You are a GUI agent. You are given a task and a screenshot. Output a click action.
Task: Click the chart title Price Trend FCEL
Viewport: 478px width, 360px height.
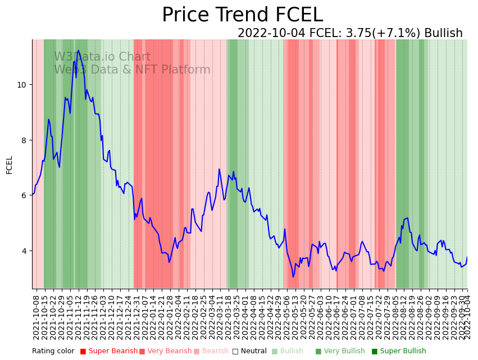click(x=242, y=15)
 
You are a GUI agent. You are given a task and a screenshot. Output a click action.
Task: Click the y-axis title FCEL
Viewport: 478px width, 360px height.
click(x=10, y=165)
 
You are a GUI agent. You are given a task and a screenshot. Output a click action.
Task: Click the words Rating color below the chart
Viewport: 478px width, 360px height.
click(x=53, y=351)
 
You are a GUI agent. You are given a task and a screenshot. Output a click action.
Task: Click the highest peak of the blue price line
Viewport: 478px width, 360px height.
click(x=78, y=51)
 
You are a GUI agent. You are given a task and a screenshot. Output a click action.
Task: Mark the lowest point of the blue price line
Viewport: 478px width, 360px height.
click(x=293, y=276)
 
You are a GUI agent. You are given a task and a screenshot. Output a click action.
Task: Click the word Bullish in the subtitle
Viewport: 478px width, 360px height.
click(x=443, y=33)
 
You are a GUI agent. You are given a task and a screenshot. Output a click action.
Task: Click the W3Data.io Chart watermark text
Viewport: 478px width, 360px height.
click(x=102, y=57)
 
